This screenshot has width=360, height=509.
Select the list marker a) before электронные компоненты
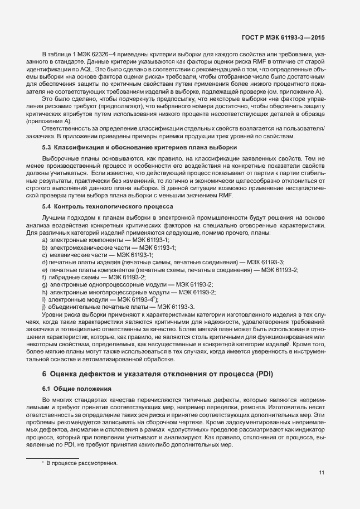(x=45, y=239)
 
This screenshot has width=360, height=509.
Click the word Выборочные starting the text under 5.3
(x=61, y=158)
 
